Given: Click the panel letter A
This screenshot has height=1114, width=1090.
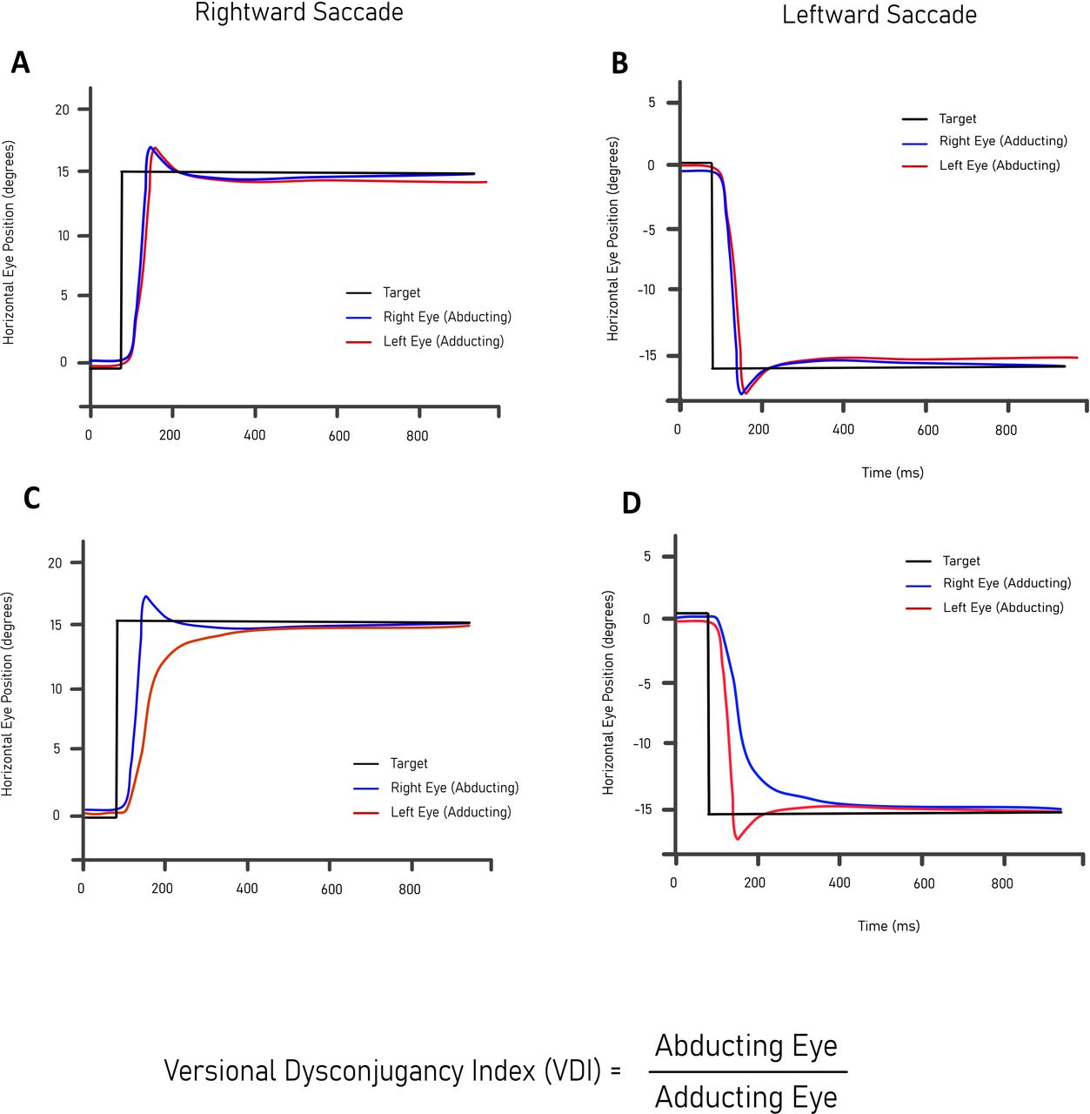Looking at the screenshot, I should click(20, 64).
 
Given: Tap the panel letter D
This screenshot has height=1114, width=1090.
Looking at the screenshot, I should click(632, 503).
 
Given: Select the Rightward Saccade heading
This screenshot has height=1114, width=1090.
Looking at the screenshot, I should click(298, 13).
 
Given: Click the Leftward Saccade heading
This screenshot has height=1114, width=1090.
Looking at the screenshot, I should click(879, 15).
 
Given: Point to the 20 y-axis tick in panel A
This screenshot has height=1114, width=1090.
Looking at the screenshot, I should click(63, 110).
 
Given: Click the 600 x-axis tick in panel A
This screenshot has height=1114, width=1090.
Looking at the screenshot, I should click(339, 436).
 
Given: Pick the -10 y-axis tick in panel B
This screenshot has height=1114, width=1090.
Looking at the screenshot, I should click(647, 290).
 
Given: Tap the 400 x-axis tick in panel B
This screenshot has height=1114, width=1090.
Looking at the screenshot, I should click(843, 430).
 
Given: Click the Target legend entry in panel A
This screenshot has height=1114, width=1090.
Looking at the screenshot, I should click(401, 293).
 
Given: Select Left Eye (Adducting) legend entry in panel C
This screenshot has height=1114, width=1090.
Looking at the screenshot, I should click(451, 812).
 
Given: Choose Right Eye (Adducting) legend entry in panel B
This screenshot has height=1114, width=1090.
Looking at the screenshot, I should click(1002, 141).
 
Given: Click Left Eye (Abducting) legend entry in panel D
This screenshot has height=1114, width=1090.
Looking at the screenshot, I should click(1002, 607).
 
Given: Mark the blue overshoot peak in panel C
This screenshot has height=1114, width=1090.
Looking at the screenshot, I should click(145, 597).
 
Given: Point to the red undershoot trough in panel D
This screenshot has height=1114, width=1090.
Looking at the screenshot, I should click(738, 838).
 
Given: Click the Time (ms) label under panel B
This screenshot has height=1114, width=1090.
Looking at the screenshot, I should click(893, 473).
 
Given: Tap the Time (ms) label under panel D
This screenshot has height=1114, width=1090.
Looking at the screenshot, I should click(888, 926).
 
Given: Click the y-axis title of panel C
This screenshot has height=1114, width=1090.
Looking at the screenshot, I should click(8, 694).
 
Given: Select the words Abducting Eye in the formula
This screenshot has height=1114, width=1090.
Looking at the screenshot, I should click(746, 1045).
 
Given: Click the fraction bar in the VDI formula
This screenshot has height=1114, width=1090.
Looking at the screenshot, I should click(747, 1071).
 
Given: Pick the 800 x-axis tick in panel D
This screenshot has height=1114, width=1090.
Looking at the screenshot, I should click(1002, 883).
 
